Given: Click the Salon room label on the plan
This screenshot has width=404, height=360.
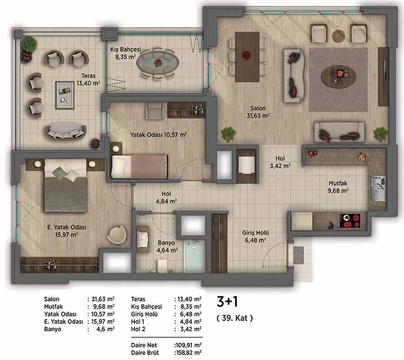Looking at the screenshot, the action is click(x=258, y=109).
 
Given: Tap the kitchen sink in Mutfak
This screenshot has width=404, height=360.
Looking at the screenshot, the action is click(x=378, y=188).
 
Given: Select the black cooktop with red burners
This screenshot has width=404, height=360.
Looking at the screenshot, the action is click(x=349, y=221).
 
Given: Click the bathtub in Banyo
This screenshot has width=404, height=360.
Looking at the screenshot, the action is click(x=195, y=255).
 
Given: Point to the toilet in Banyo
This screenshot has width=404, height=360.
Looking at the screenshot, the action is click(x=162, y=266).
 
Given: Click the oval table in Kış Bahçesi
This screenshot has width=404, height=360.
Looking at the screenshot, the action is click(x=158, y=63).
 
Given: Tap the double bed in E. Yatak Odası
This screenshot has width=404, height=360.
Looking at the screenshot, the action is click(x=66, y=185).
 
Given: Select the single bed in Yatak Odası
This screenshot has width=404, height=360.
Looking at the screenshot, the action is click(x=139, y=166).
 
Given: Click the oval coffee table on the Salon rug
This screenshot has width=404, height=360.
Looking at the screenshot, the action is click(x=338, y=76).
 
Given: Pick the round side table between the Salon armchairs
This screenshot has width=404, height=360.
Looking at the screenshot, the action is click(x=338, y=36).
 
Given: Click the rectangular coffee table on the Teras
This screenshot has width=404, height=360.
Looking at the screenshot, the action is click(x=65, y=95).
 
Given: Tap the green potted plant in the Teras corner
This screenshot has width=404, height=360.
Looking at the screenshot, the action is click(x=29, y=44).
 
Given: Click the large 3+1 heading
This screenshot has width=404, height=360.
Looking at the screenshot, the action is click(x=227, y=301).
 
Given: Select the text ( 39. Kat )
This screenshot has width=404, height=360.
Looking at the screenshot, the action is click(x=235, y=318).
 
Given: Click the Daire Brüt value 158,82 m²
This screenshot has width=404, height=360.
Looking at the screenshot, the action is click(x=188, y=352).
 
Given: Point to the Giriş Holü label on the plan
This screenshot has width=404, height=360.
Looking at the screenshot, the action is click(x=256, y=233).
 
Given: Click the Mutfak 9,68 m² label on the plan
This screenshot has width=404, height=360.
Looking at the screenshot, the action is click(x=338, y=187).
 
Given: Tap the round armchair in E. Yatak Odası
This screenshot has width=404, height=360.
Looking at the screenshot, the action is click(x=117, y=235).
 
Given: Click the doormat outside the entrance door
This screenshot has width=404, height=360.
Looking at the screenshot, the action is click(x=298, y=255).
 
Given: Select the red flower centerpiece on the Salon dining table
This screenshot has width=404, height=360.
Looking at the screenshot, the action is click(x=246, y=55).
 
